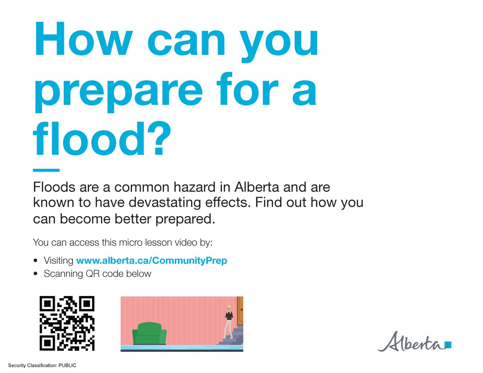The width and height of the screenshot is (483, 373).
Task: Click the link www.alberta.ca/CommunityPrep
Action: [151, 260]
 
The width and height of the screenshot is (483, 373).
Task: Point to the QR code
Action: [67, 323]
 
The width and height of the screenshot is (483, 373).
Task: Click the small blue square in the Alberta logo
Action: [448, 344]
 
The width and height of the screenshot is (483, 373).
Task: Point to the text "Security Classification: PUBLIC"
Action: [39, 365]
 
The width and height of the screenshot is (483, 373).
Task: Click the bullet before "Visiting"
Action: [36, 260]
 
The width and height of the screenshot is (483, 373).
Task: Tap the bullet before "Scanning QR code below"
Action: [36, 274]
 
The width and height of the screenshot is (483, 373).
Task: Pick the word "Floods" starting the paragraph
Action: [52, 188]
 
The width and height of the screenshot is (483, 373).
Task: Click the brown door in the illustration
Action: [240, 311]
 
